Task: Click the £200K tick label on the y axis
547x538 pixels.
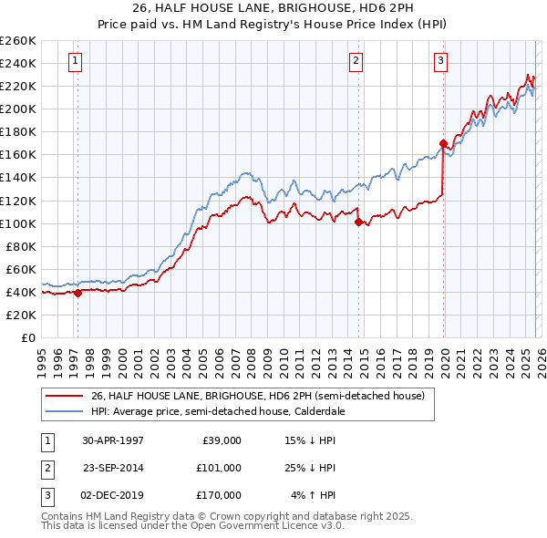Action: (18, 109)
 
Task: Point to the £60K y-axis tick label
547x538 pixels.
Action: (21, 269)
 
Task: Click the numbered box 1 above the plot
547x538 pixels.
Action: (75, 61)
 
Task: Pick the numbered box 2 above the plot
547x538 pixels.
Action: (356, 61)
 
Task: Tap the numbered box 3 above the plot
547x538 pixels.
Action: (440, 61)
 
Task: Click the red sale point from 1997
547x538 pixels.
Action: (77, 293)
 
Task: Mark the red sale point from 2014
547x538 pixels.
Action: (358, 222)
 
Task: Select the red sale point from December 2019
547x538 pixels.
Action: (443, 143)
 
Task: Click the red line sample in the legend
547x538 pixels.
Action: (64, 397)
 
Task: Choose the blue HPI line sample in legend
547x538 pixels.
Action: (64, 411)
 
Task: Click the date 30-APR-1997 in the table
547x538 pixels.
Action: (113, 440)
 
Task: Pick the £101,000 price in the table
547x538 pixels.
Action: (219, 468)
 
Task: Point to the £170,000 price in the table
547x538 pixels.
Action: (219, 495)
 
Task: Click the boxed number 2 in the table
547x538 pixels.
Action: (47, 468)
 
